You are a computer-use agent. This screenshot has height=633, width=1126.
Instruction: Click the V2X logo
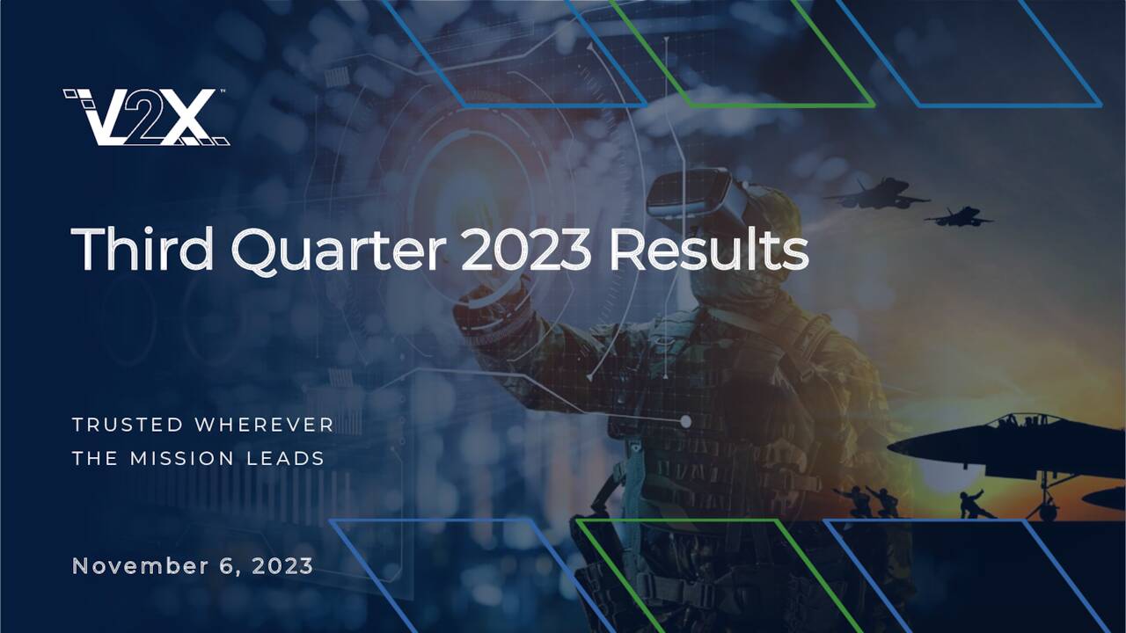pos(146,116)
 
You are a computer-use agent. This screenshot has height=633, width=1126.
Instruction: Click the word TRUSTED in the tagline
pos(128,426)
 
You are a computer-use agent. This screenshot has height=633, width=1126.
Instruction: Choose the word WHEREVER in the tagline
pos(264,426)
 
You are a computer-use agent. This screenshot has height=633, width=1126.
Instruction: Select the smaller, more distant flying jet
pos(958,215)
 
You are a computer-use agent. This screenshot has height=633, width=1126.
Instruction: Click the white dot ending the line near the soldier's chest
pos(685,423)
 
